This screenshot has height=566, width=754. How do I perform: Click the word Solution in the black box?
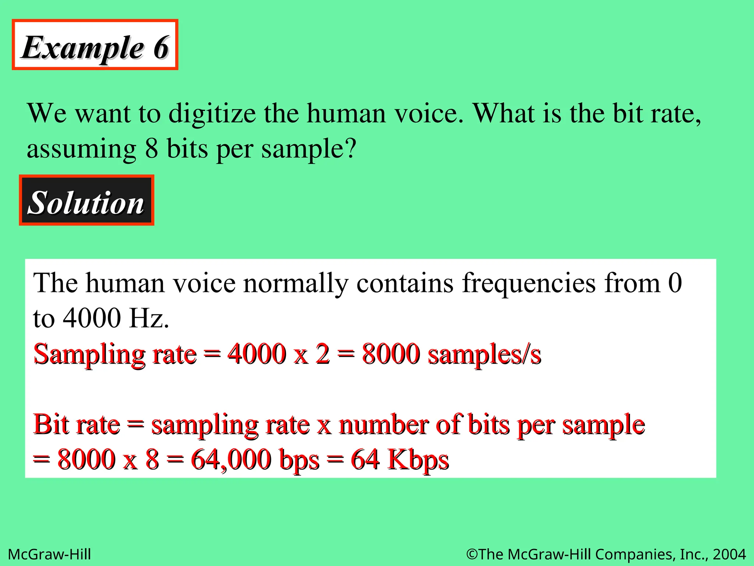click(86, 203)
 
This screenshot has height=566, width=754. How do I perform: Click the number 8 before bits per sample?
click(152, 149)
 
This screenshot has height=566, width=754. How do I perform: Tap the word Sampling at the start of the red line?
click(89, 354)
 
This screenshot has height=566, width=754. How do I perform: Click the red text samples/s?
click(485, 354)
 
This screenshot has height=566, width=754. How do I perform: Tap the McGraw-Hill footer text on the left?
click(49, 554)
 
